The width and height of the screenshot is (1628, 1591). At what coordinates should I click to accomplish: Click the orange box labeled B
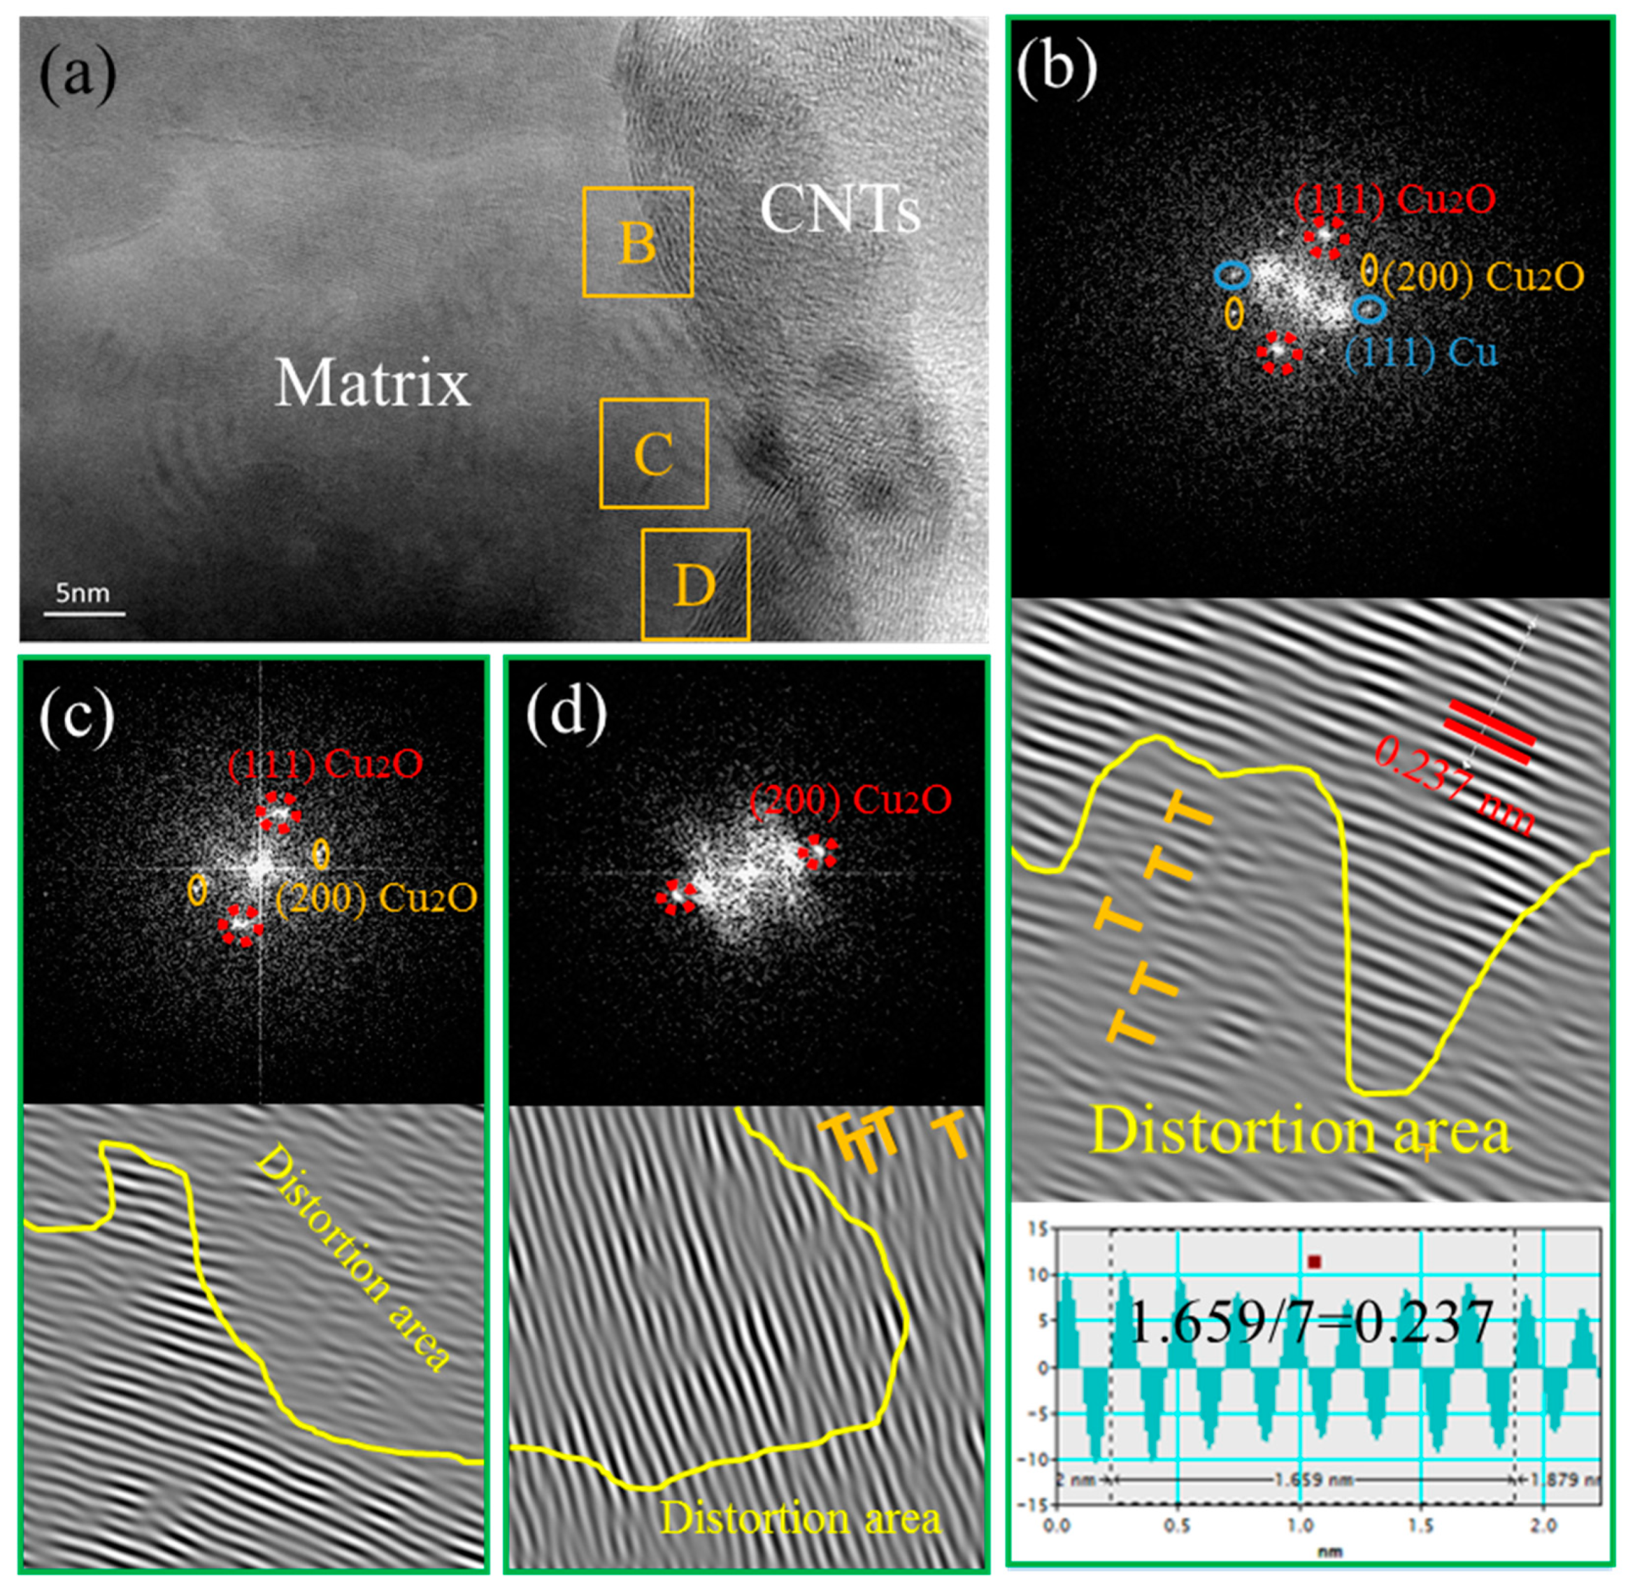click(x=638, y=243)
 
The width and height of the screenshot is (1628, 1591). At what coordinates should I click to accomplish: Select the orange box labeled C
click(x=654, y=454)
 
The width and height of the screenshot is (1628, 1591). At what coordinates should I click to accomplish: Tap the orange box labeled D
click(x=694, y=585)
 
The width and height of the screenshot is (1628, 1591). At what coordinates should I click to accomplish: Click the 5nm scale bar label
click(x=83, y=593)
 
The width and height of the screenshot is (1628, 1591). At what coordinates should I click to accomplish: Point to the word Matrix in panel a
click(x=373, y=384)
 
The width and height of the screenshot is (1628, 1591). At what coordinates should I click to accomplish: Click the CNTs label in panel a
click(x=840, y=210)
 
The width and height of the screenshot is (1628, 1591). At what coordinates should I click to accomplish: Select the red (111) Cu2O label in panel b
click(x=1394, y=201)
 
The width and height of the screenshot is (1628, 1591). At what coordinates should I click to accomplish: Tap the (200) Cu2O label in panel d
click(x=851, y=800)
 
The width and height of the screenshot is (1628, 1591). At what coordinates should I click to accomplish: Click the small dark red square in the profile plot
click(x=1315, y=1262)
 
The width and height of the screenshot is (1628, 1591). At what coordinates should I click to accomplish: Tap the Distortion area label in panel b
click(x=1301, y=1132)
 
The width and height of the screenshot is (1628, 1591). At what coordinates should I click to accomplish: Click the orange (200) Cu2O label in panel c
click(x=376, y=898)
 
